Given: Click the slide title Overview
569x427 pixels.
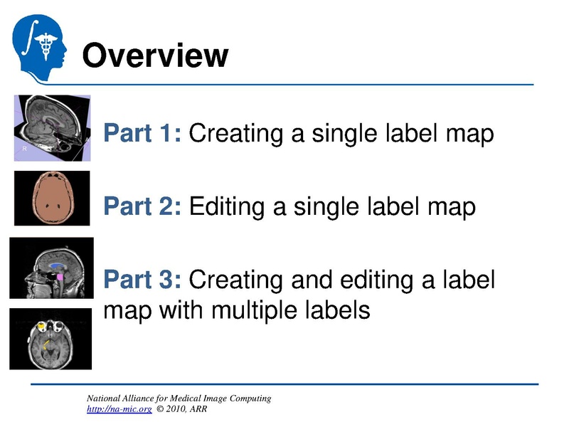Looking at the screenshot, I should pyautogui.click(x=155, y=55).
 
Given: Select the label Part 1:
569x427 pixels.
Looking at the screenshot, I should pyautogui.click(x=143, y=133).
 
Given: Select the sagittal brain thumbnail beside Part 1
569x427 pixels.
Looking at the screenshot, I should pyautogui.click(x=52, y=129).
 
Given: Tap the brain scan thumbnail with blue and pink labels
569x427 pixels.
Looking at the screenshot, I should pyautogui.click(x=51, y=268).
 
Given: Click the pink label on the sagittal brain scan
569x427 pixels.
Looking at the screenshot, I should pyautogui.click(x=60, y=275).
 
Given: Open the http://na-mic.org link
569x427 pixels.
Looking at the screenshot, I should pyautogui.click(x=119, y=410).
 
